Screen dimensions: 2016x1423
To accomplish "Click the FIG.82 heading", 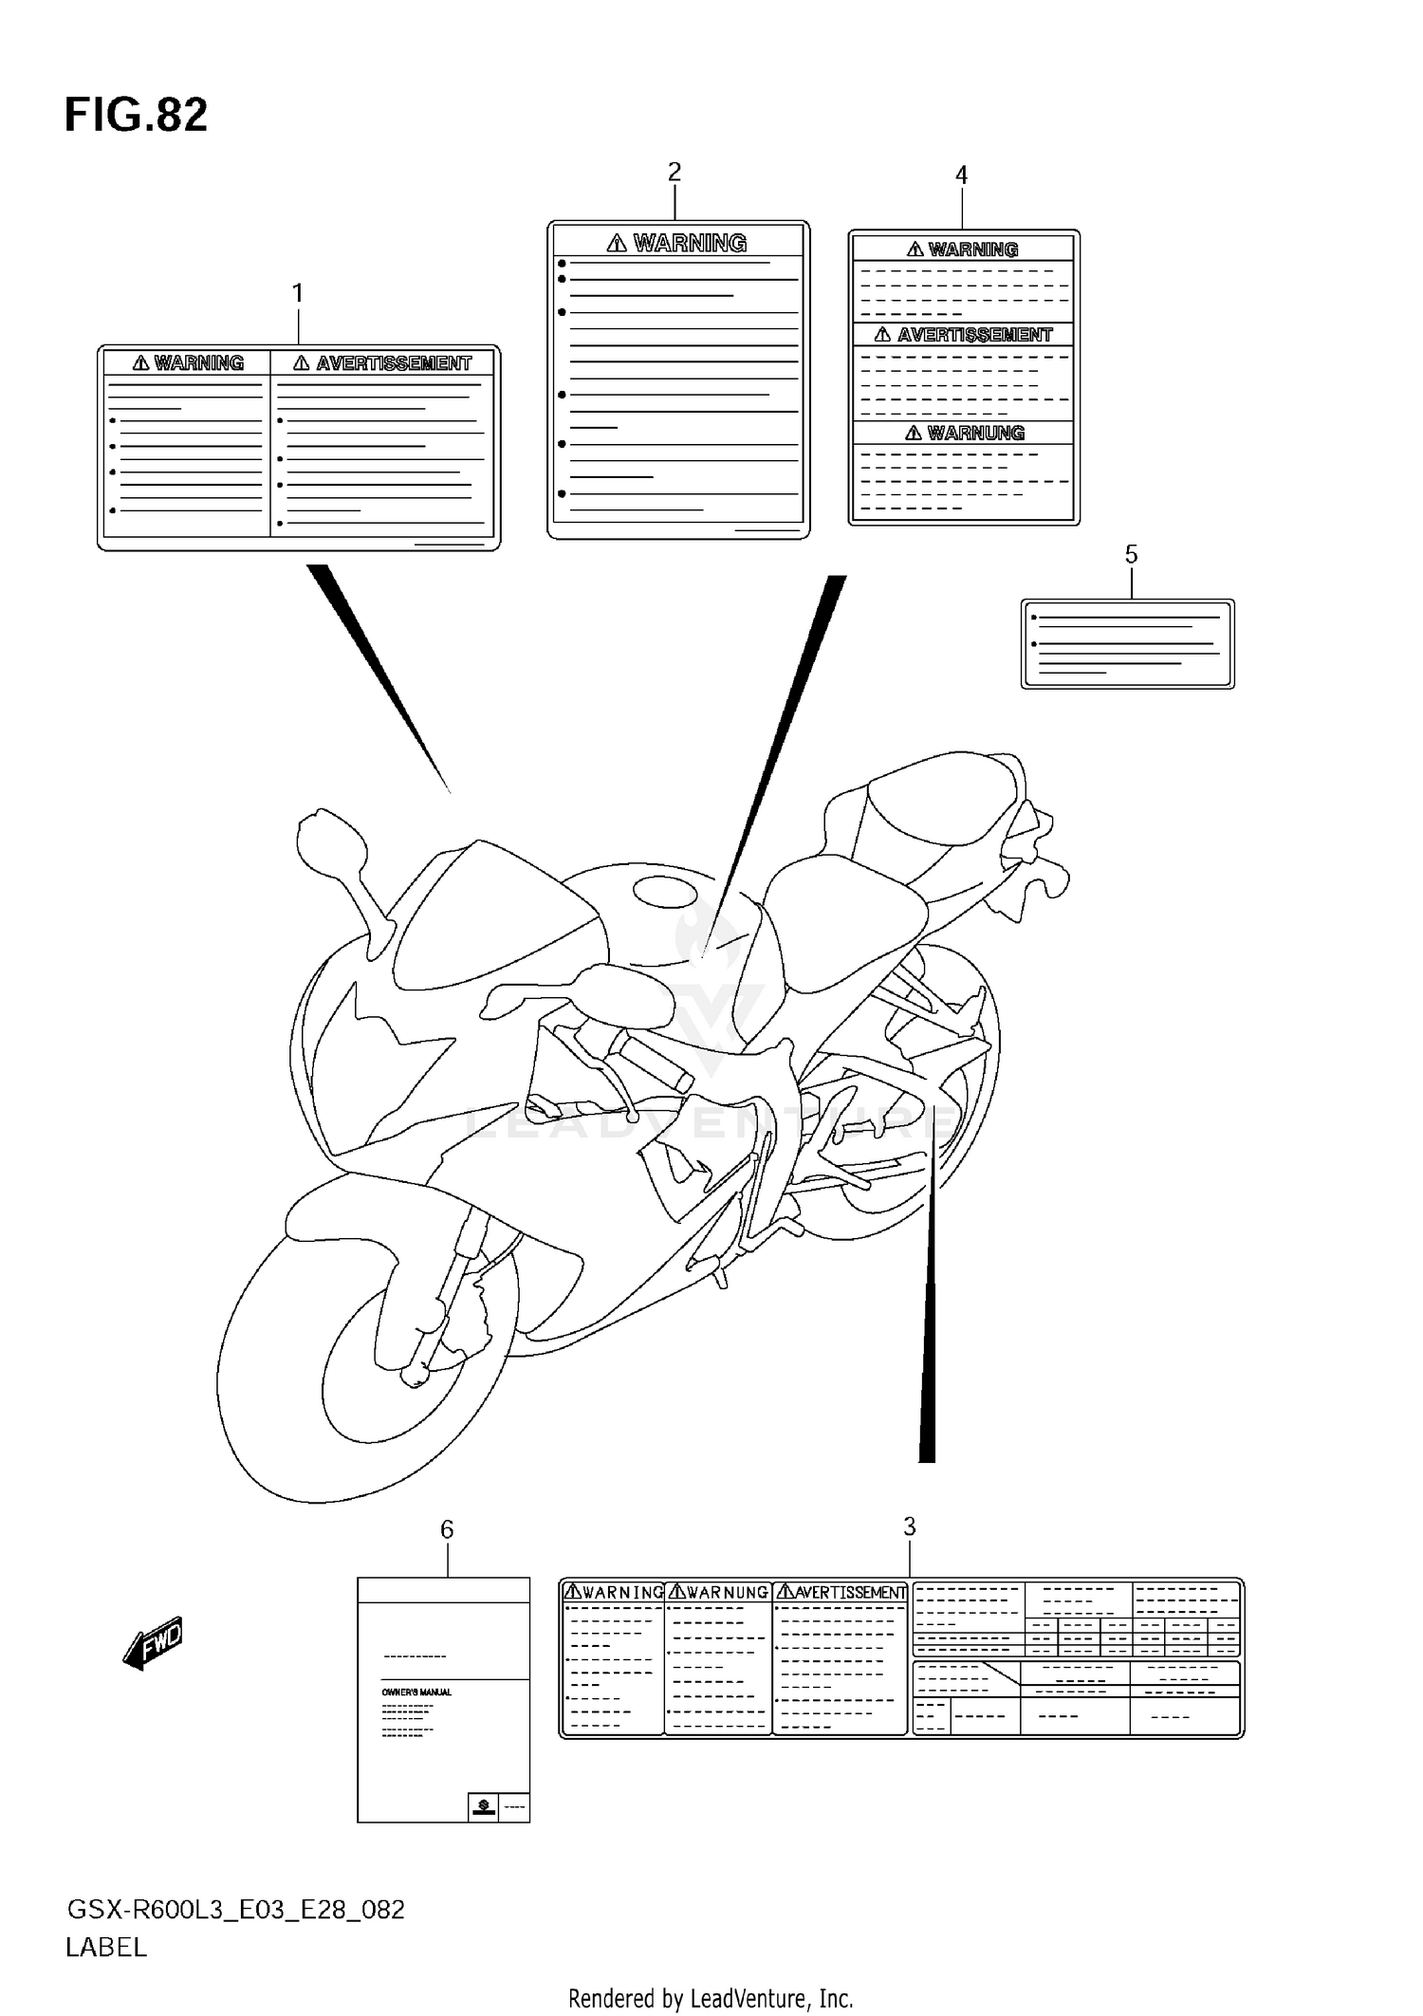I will click(x=136, y=115).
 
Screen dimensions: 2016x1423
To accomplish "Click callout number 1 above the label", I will click(x=297, y=294).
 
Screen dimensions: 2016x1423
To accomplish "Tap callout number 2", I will click(x=674, y=173).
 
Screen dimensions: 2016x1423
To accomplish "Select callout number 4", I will click(x=961, y=176).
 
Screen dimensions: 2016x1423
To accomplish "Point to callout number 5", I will click(x=1131, y=555).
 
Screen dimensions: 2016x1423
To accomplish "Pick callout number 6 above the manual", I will click(x=447, y=1529).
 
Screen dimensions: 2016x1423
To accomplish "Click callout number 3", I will click(x=909, y=1526).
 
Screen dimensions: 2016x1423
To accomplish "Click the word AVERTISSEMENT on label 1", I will click(x=393, y=363).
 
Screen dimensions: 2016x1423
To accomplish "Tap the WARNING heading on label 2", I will click(x=689, y=244).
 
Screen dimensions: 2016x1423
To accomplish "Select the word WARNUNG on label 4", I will click(x=975, y=434).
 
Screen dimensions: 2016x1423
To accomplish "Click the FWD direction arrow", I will click(x=153, y=1642).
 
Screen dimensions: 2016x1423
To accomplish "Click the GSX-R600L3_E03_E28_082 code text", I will click(x=235, y=1909).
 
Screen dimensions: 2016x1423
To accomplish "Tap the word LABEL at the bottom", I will click(x=106, y=1948).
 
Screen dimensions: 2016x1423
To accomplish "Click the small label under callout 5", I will click(x=1127, y=643).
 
